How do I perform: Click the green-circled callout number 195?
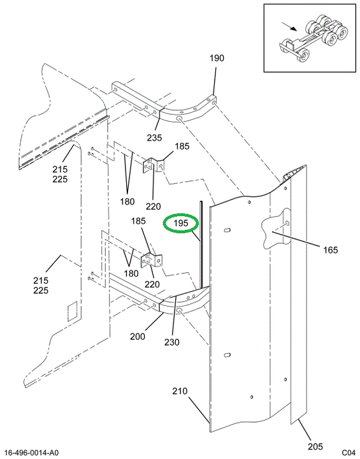pyautogui.click(x=180, y=223)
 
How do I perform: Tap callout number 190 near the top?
pyautogui.click(x=217, y=58)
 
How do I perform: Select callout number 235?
pyautogui.click(x=154, y=138)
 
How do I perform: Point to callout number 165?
pyautogui.click(x=331, y=250)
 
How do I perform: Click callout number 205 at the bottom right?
pyautogui.click(x=315, y=446)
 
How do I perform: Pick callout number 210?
pyautogui.click(x=180, y=391)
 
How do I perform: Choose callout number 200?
pyautogui.click(x=138, y=337)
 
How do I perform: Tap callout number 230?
pyautogui.click(x=172, y=342)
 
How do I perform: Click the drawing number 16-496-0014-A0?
pyautogui.click(x=32, y=453)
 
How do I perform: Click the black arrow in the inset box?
pyautogui.click(x=289, y=26)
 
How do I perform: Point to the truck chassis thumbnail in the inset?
pyautogui.click(x=313, y=38)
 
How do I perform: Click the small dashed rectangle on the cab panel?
pyautogui.click(x=72, y=311)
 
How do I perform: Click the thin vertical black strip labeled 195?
pyautogui.click(x=201, y=244)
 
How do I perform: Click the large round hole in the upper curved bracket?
pyautogui.click(x=179, y=119)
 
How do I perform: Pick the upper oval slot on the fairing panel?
pyautogui.click(x=227, y=230)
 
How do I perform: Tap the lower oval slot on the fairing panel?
pyautogui.click(x=227, y=355)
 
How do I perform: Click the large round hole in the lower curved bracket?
pyautogui.click(x=180, y=310)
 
